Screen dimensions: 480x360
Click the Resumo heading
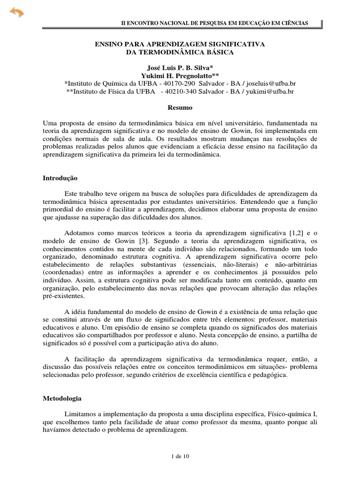point(180,107)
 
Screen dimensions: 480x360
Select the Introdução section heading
point(60,178)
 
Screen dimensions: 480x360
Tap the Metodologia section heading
point(62,398)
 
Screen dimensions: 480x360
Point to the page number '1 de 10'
point(180,455)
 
